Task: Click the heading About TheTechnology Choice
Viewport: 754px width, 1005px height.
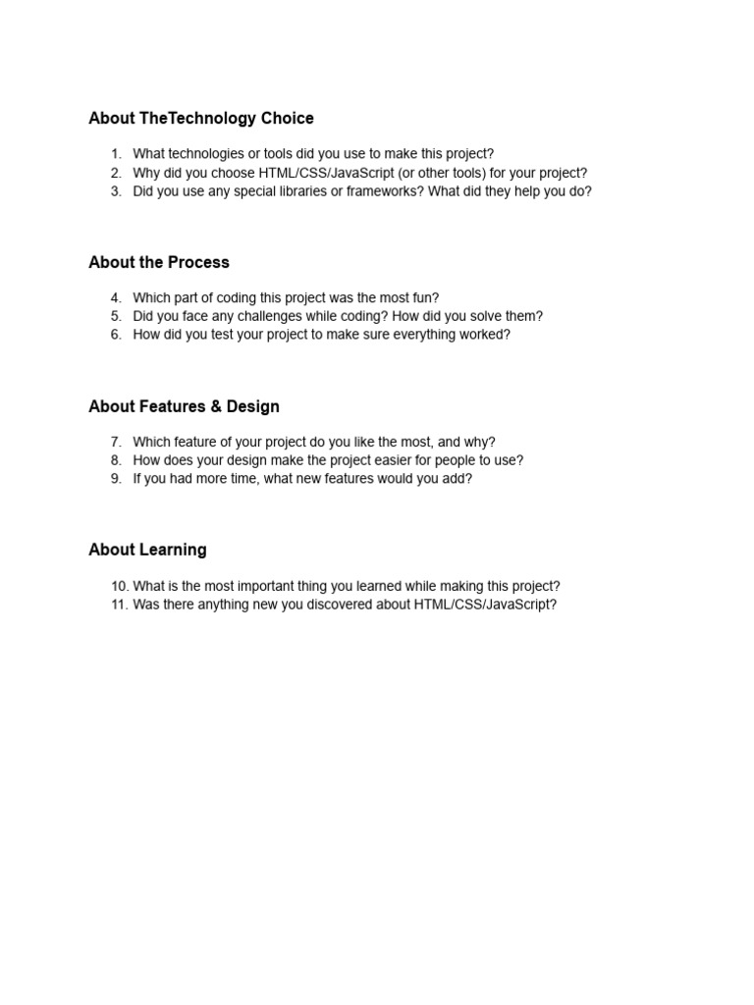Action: coord(201,119)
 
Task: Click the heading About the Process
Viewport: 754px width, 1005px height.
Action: coord(159,263)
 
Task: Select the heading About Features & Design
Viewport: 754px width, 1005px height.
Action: coord(184,407)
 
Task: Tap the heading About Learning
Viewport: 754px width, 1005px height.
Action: coord(147,551)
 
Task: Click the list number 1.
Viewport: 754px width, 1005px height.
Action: coord(116,154)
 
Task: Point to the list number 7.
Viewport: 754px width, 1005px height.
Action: coord(116,443)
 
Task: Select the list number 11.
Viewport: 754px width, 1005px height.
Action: coord(119,605)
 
